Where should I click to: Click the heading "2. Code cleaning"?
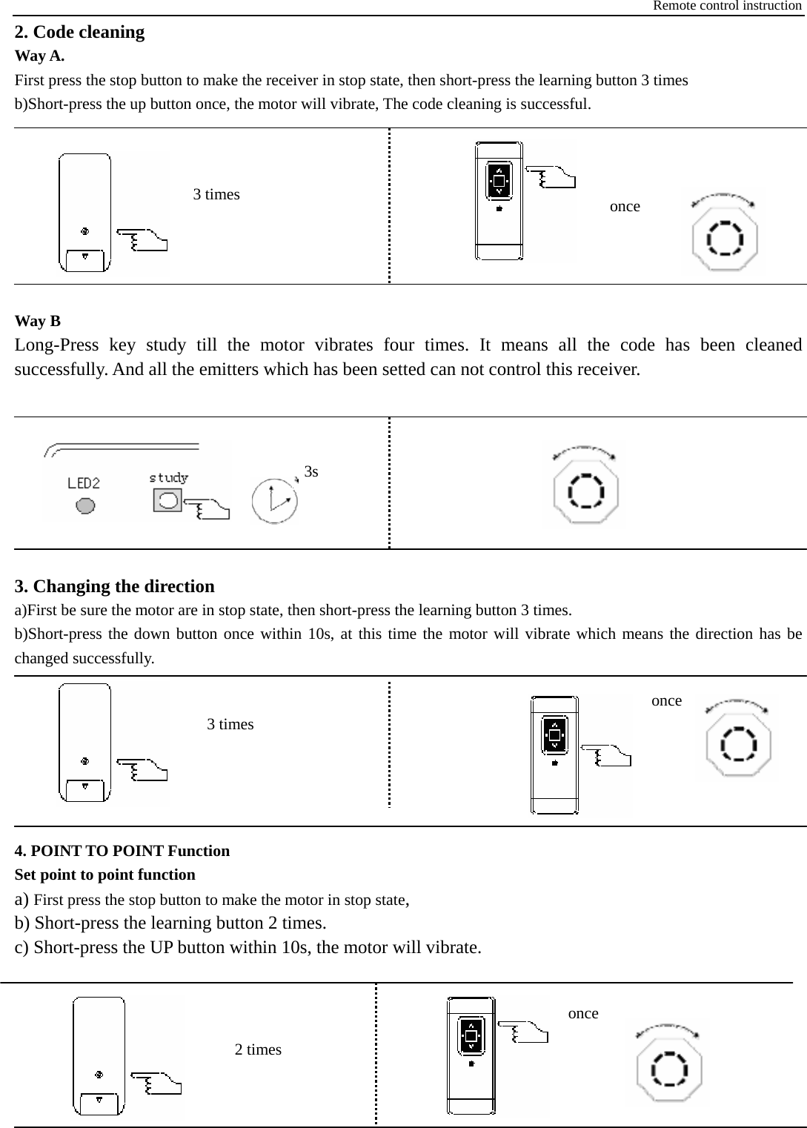(79, 32)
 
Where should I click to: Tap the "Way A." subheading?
(39, 56)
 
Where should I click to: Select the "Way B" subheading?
(38, 321)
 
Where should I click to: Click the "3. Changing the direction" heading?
(115, 586)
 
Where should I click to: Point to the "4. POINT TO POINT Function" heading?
(122, 851)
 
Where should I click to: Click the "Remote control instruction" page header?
(726, 6)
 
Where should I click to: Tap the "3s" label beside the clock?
(312, 472)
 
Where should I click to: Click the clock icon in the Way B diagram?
(274, 501)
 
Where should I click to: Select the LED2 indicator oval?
(85, 505)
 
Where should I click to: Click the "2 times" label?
(258, 1049)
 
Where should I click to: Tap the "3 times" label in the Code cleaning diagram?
(216, 194)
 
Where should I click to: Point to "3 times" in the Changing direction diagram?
(230, 724)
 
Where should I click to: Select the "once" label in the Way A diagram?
(625, 207)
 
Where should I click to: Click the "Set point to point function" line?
(105, 875)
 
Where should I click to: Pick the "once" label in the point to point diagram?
(583, 1013)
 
